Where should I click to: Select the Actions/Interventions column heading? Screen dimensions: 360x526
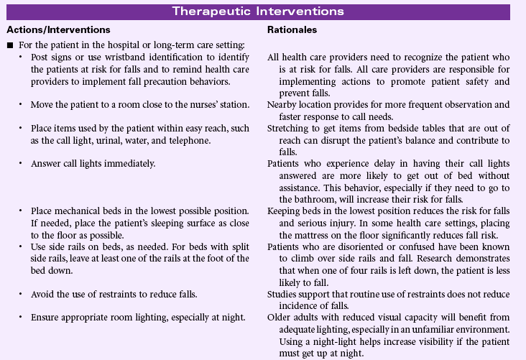click(x=57, y=30)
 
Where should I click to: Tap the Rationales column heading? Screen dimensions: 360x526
click(x=292, y=30)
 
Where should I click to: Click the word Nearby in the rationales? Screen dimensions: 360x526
click(x=282, y=104)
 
